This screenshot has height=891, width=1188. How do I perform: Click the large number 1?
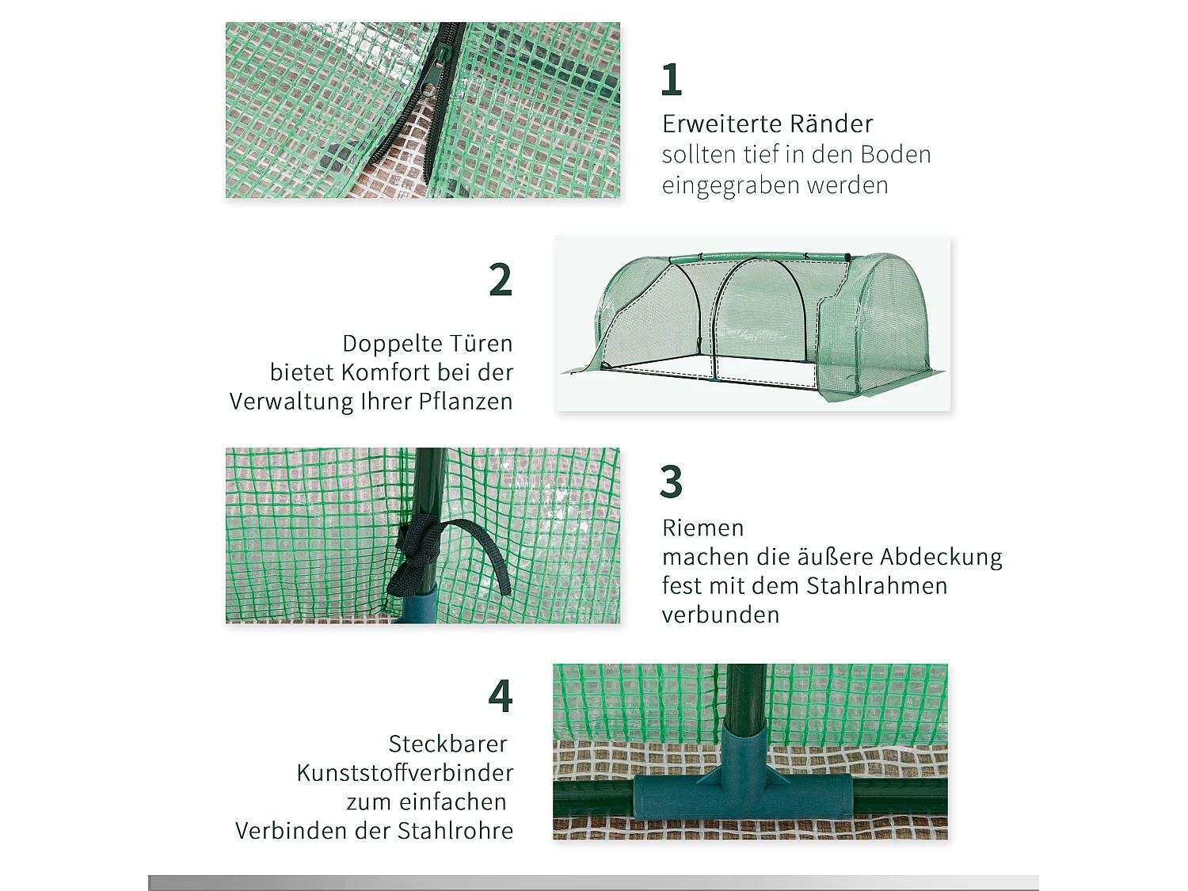(x=672, y=79)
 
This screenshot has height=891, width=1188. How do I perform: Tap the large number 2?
(x=501, y=280)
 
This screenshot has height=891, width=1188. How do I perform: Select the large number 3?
(x=671, y=482)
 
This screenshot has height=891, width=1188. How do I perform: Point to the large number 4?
(x=501, y=696)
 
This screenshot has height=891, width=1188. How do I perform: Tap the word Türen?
(x=481, y=344)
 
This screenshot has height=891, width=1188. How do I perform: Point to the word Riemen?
(x=703, y=528)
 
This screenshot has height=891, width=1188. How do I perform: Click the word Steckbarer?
(x=447, y=744)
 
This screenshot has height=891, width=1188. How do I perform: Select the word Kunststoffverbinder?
(x=405, y=773)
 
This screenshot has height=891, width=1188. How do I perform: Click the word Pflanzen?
(x=466, y=402)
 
